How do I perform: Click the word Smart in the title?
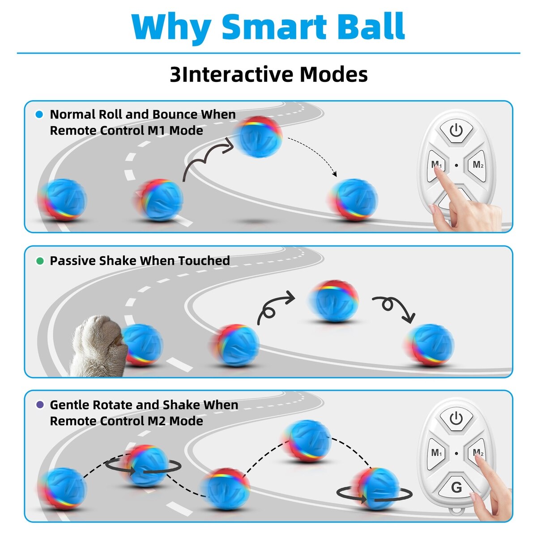[274, 26]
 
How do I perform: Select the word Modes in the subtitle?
[334, 74]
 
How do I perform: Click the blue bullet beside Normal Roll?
[39, 114]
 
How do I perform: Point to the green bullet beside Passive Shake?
[40, 261]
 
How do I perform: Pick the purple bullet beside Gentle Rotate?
[40, 405]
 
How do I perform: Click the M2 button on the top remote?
[477, 166]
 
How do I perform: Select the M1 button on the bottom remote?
[436, 453]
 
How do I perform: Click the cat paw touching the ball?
[98, 345]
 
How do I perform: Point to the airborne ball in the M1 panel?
[258, 136]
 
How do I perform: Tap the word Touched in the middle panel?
[204, 260]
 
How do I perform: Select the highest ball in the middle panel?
[333, 301]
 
